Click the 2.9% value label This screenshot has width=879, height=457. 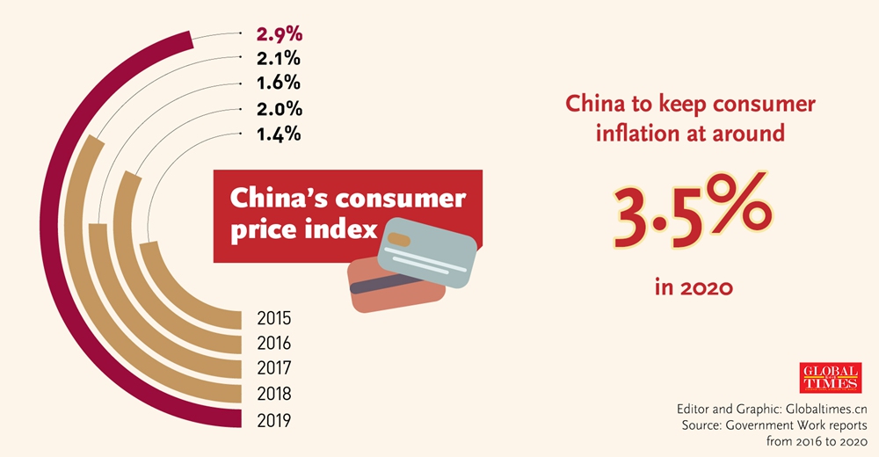point(280,34)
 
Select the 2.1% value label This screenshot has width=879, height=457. point(280,59)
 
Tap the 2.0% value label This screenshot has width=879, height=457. point(280,109)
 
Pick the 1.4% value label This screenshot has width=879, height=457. point(280,134)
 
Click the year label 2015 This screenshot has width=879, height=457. point(273,318)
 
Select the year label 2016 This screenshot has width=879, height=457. point(273,343)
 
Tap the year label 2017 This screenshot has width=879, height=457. point(273,368)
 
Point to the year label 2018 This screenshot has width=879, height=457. point(273,394)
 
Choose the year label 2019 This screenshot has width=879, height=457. point(273,419)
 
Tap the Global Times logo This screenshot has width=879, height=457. point(830,378)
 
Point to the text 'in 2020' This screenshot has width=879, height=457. point(694,287)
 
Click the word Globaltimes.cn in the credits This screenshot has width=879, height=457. point(824,409)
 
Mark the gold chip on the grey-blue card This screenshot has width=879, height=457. point(398,238)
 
